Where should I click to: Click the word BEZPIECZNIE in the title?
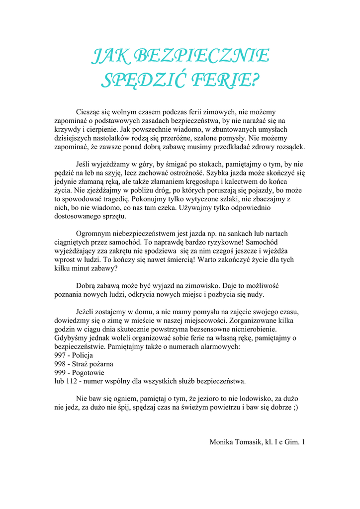point(202,56)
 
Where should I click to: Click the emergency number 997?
point(60,355)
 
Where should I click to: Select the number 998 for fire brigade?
point(60,364)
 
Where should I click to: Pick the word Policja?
point(83,355)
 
